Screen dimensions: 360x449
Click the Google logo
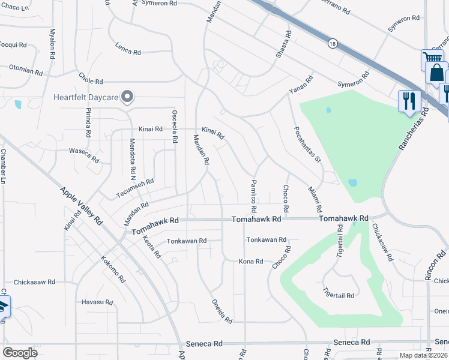point(20,353)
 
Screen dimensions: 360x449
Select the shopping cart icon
point(432,58)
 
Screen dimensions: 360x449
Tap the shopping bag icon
point(438,73)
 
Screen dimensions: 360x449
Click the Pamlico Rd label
point(254,196)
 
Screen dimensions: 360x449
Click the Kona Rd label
point(251,262)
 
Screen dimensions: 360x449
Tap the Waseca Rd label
point(83,155)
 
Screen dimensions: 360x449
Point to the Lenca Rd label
point(127,50)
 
